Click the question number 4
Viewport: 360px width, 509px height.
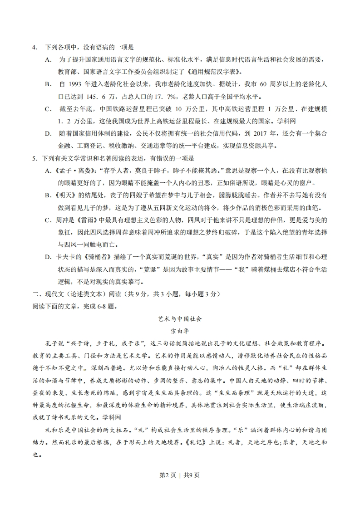click(x=34, y=47)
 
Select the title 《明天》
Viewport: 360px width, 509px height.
click(x=63, y=195)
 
